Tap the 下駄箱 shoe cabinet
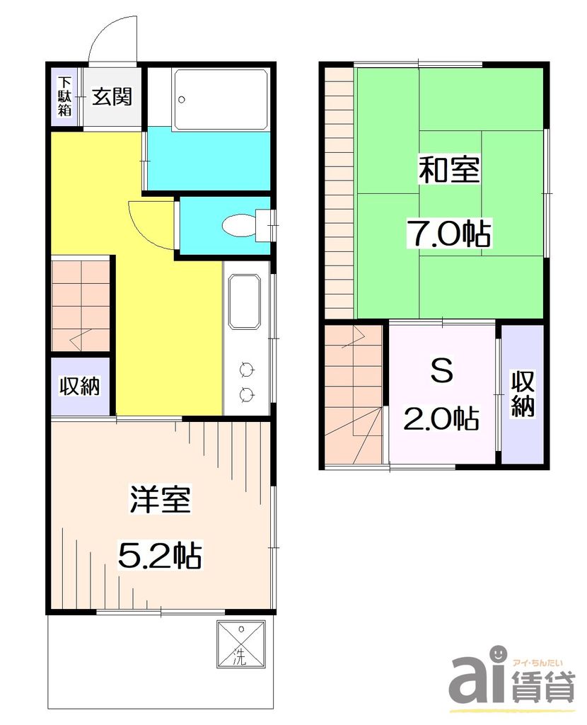pyautogui.click(x=65, y=96)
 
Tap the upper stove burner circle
pyautogui.click(x=247, y=368)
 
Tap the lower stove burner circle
pyautogui.click(x=247, y=394)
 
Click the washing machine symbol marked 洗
pyautogui.click(x=241, y=644)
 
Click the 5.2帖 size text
pyautogui.click(x=160, y=555)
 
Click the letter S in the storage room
pyautogui.click(x=441, y=372)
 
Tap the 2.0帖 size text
pyautogui.click(x=441, y=418)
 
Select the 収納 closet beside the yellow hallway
pyautogui.click(x=79, y=387)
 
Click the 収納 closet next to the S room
pyautogui.click(x=523, y=394)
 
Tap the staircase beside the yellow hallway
pyautogui.click(x=81, y=304)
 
